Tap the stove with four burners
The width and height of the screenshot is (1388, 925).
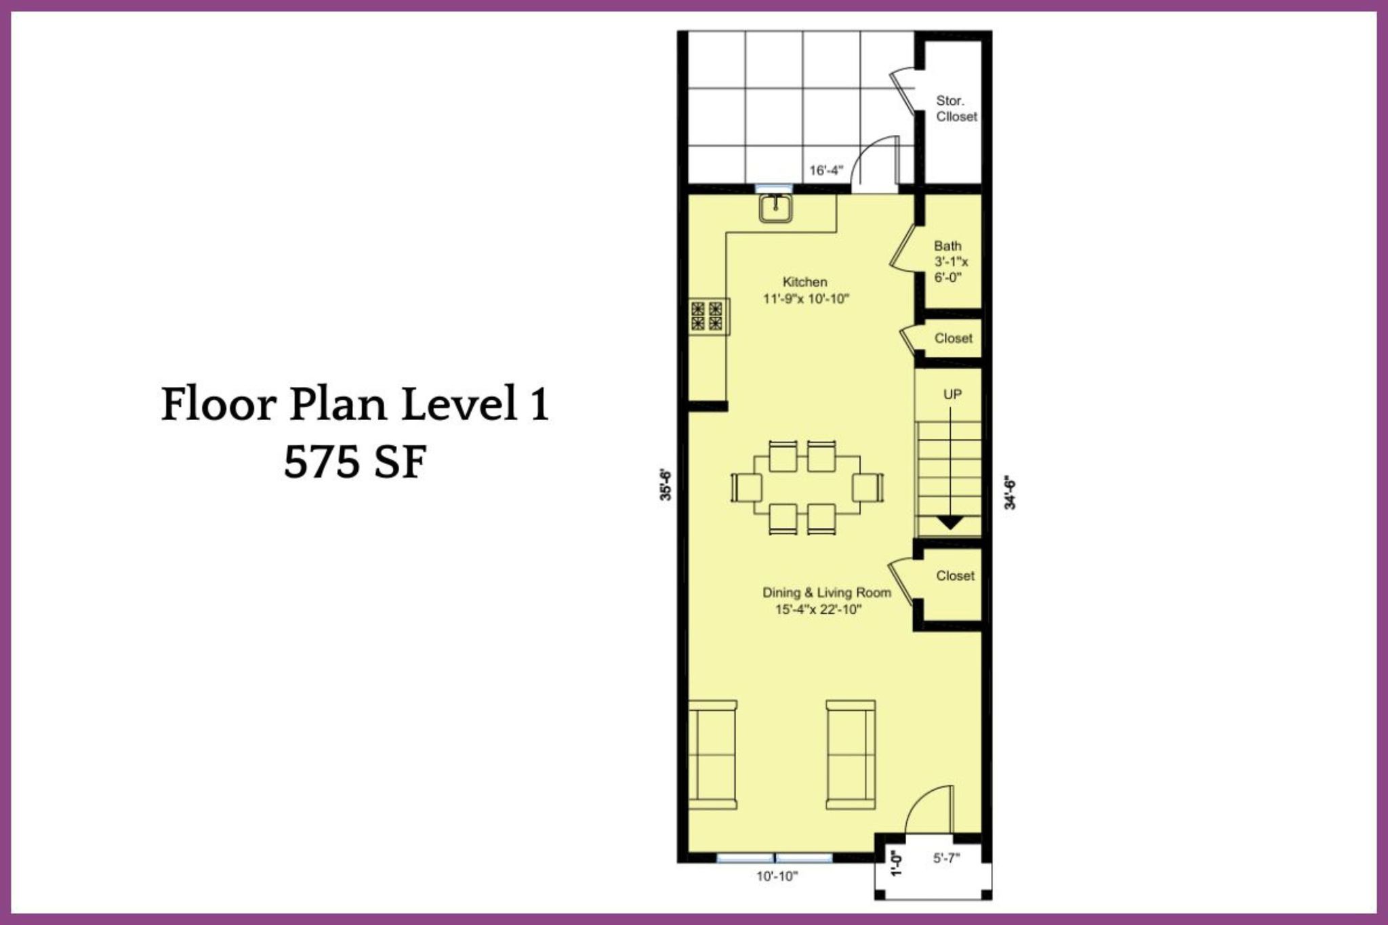coord(706,316)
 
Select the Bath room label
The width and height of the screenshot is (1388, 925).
coord(947,245)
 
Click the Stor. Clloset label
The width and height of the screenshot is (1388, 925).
coord(956,108)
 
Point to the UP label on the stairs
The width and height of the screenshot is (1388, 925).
coord(952,394)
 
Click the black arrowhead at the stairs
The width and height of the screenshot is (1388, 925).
coord(950,522)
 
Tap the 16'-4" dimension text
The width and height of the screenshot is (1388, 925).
coord(825,170)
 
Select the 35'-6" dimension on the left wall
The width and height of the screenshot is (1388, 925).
coord(666,485)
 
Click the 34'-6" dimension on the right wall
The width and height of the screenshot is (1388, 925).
coord(1010,493)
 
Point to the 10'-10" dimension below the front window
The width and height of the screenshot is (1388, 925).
coord(777,876)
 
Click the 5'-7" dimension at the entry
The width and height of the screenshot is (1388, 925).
coord(947,859)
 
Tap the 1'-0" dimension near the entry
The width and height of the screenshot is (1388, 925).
coord(897,863)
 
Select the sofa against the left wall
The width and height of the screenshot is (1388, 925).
coord(713,754)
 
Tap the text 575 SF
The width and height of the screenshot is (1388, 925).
coord(355,464)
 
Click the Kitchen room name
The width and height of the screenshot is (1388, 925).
coord(805,282)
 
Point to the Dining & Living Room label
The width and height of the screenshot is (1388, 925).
coord(827,593)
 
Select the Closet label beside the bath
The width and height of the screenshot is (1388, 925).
coord(954,338)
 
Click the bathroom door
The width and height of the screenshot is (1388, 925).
coord(902,246)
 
